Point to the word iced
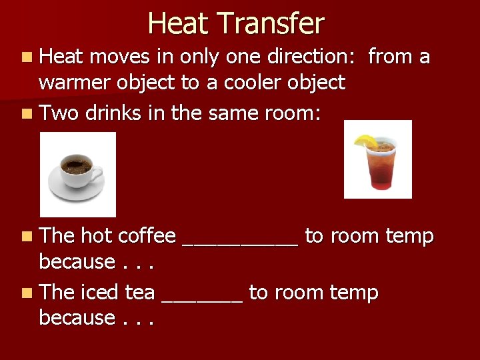pyautogui.click(x=99, y=292)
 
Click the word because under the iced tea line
pyautogui.click(x=77, y=317)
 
